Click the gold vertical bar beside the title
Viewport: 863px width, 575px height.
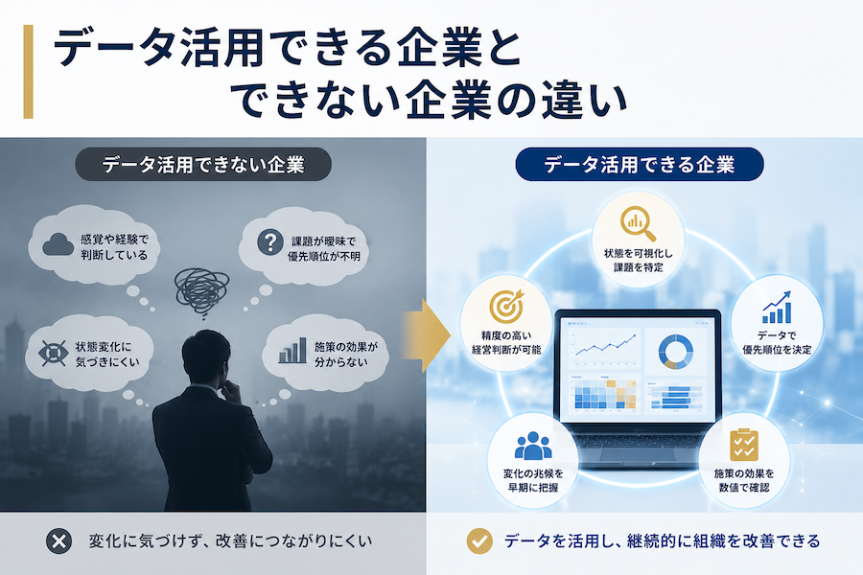tap(28, 72)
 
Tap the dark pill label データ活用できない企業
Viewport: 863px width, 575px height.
tap(203, 165)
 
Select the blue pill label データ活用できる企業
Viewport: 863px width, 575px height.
tap(640, 165)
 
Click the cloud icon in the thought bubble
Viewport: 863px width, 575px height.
tap(58, 244)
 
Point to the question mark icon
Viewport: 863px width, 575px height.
tap(270, 242)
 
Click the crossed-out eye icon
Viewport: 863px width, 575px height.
tap(54, 353)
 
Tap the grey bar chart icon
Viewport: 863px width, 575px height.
tap(292, 351)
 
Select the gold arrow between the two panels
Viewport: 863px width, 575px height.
tap(427, 335)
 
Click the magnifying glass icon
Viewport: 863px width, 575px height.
tap(638, 224)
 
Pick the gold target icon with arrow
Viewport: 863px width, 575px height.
tap(506, 307)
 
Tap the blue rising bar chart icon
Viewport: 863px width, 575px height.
tap(777, 307)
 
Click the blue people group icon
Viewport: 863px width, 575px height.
tap(533, 446)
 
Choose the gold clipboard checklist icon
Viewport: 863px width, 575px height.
tap(744, 445)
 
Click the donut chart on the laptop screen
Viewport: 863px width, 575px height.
tap(676, 352)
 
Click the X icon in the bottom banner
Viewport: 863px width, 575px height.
tap(58, 541)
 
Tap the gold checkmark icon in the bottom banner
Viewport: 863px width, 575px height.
tap(479, 541)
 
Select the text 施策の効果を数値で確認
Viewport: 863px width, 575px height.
tap(744, 480)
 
